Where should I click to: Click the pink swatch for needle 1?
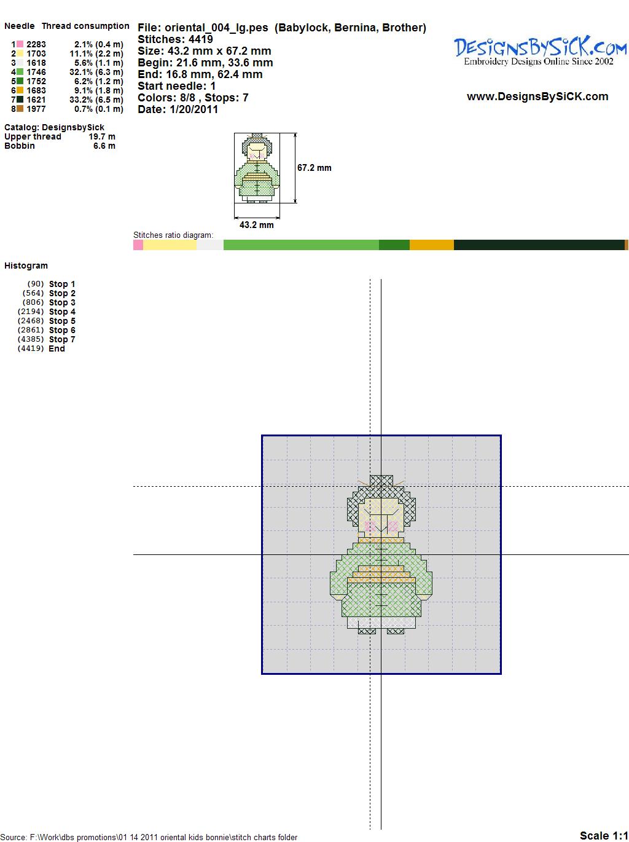(x=20, y=44)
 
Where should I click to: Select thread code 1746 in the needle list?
(x=36, y=72)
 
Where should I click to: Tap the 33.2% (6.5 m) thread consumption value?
(x=96, y=100)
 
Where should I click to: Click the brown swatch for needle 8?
(x=20, y=109)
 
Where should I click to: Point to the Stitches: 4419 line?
(x=175, y=39)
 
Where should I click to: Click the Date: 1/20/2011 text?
(x=178, y=109)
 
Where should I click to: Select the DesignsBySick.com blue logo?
(x=540, y=51)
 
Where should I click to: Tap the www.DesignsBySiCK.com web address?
(x=537, y=96)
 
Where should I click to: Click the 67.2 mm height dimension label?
(x=314, y=168)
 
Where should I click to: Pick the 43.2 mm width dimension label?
(x=256, y=225)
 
